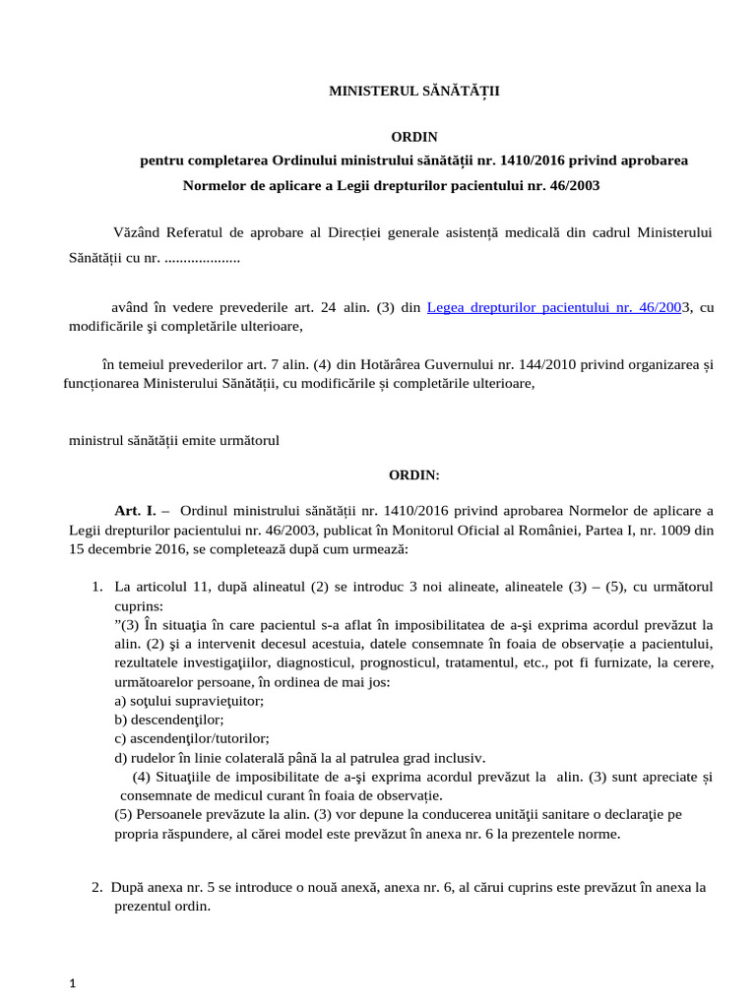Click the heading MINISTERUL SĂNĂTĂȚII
point(413,91)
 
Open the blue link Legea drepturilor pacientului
point(554,307)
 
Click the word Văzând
point(140,231)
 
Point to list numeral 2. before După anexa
point(97,887)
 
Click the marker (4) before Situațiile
point(142,777)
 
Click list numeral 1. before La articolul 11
point(97,586)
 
